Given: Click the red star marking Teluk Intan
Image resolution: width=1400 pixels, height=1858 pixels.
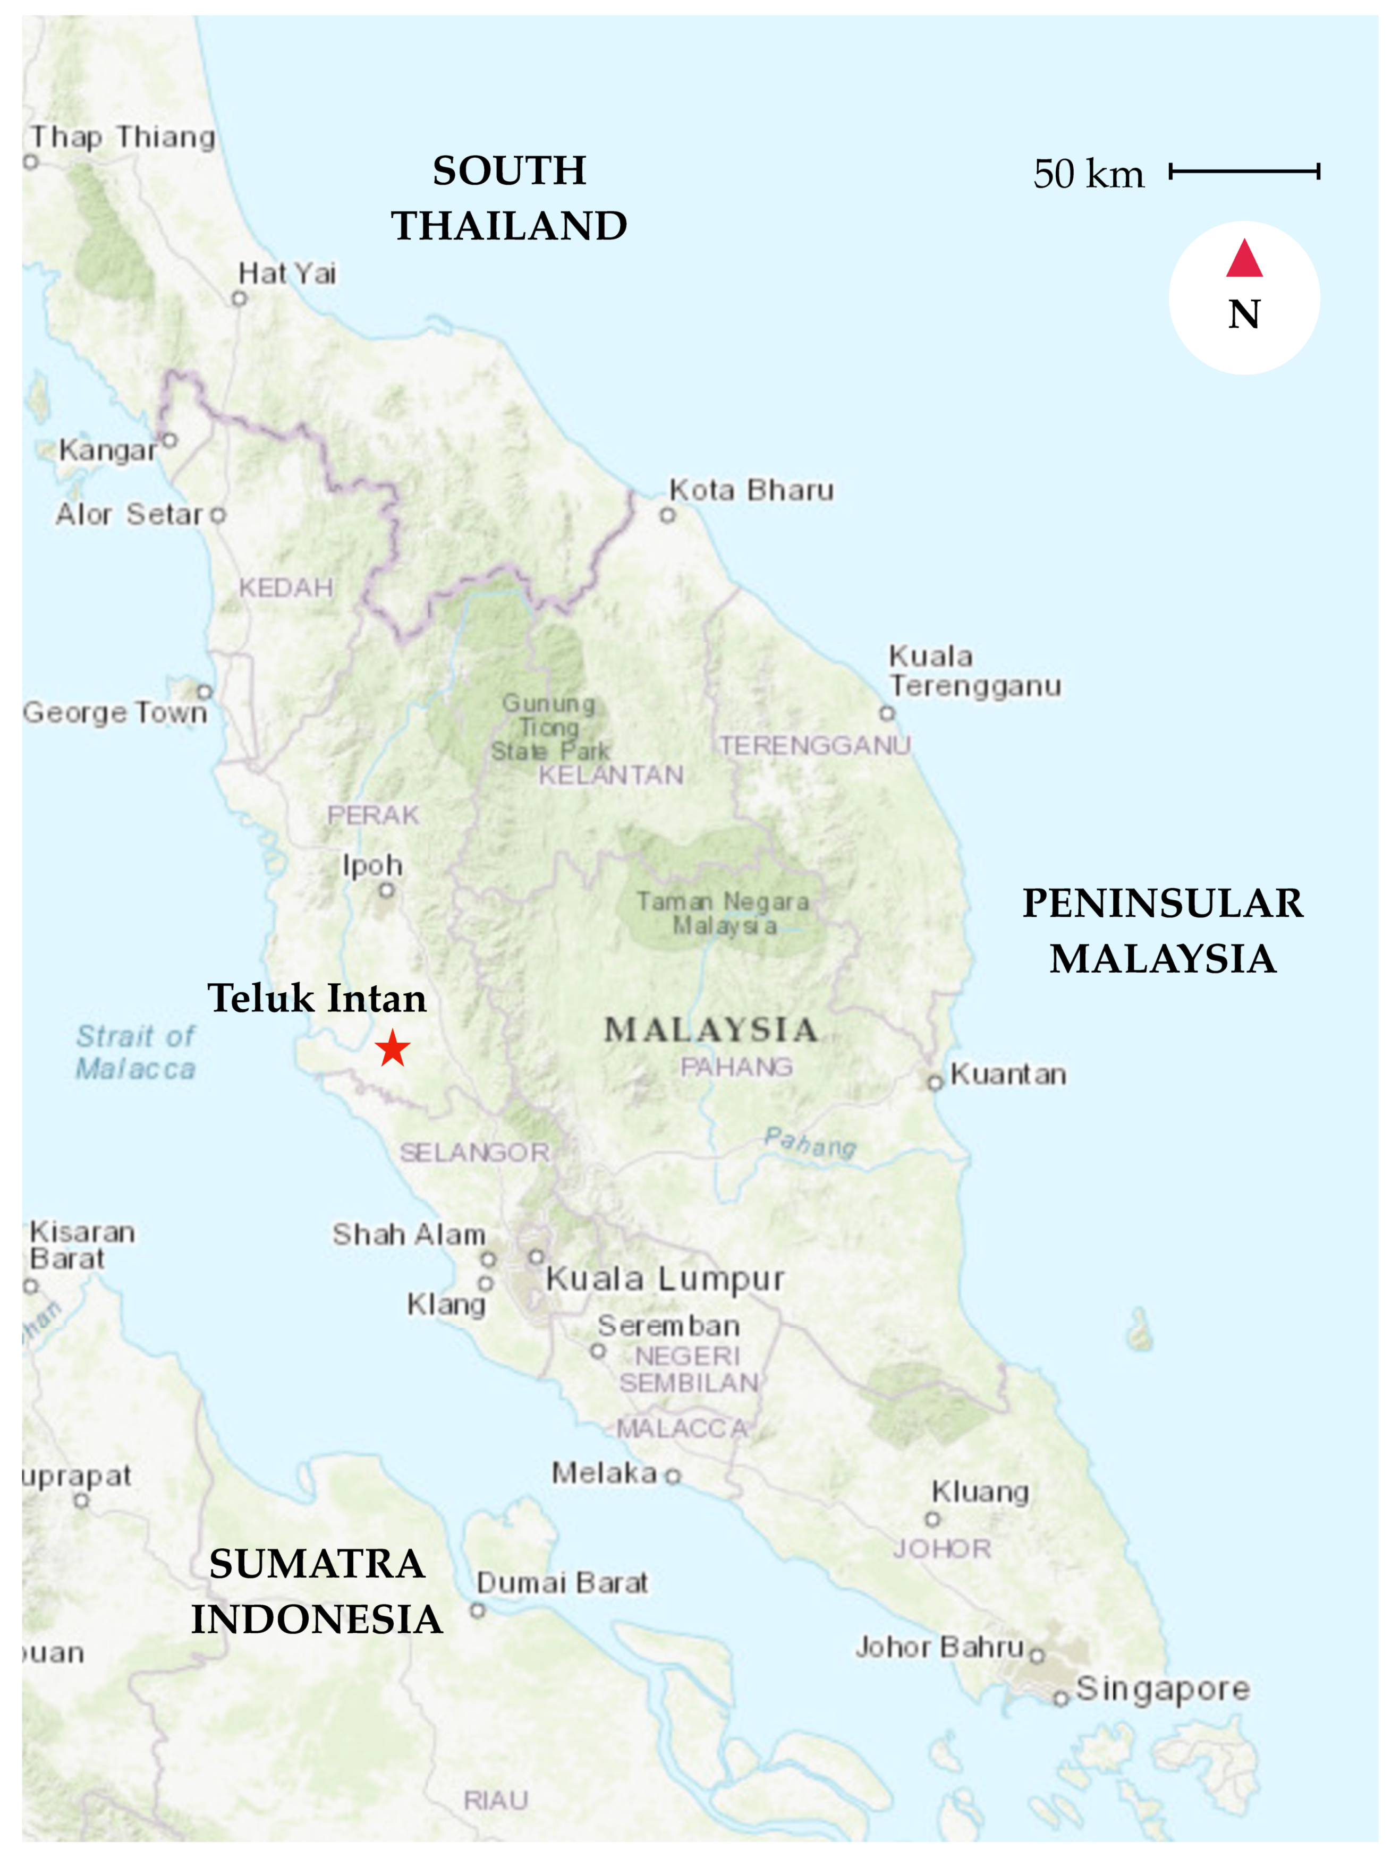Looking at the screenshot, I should click(x=393, y=1049).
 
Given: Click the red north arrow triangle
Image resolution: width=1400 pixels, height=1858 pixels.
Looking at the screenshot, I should click(x=1244, y=259).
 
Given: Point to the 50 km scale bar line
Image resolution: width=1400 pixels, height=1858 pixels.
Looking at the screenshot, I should click(x=1244, y=172).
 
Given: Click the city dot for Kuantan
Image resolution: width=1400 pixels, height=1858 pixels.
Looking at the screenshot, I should click(x=935, y=1083).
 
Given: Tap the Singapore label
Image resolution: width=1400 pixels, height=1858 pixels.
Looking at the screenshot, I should click(x=1163, y=1689).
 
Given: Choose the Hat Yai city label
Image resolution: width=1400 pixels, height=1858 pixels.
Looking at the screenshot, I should click(x=287, y=274).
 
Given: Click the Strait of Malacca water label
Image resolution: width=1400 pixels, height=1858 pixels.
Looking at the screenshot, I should click(x=135, y=1052).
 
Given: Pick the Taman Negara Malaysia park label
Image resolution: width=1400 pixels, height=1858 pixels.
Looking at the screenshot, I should click(x=723, y=913).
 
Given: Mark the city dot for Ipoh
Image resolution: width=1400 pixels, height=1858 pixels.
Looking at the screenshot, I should click(x=387, y=890).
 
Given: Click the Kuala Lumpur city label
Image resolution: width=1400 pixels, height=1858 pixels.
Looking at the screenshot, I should click(x=665, y=1279).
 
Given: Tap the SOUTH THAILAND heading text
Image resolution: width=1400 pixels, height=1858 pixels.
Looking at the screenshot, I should click(x=509, y=198).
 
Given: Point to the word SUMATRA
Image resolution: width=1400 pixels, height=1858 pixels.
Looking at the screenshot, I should click(x=317, y=1564).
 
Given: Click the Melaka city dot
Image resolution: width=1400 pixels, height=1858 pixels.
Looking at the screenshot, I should click(x=673, y=1476).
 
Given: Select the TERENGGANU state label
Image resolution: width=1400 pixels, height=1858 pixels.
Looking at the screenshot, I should click(x=814, y=745).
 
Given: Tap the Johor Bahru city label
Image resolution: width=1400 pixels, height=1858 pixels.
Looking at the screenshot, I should click(x=939, y=1647).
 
